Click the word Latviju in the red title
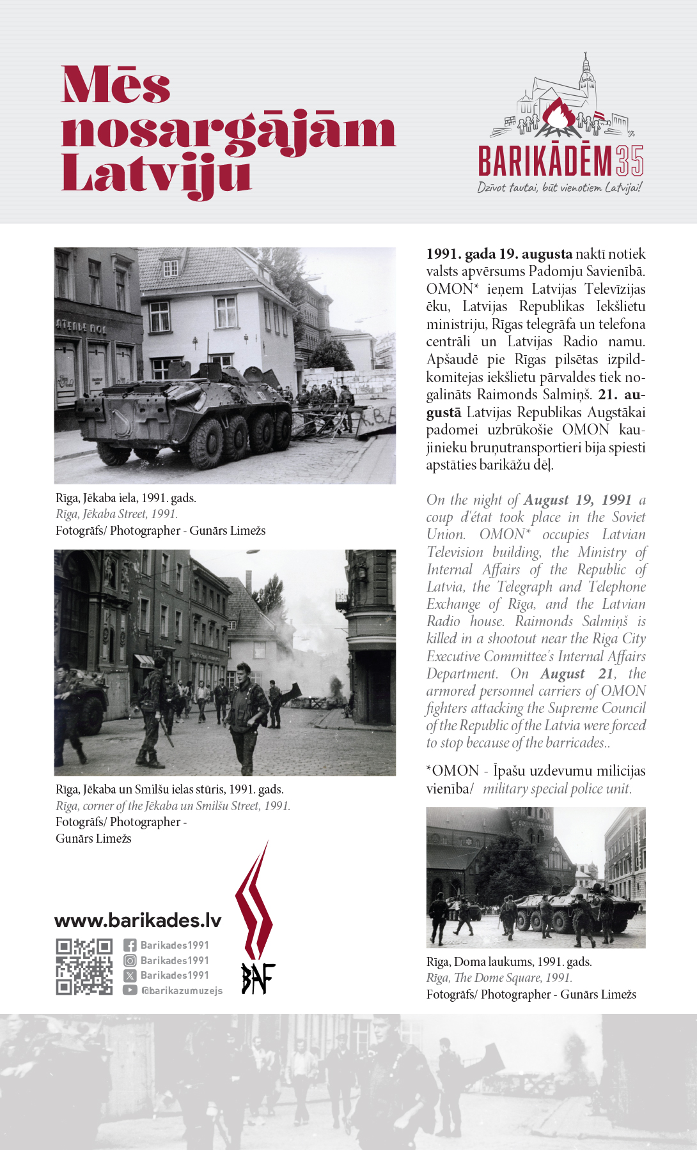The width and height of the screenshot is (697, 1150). (x=156, y=174)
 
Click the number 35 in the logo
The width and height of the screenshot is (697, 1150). (x=630, y=161)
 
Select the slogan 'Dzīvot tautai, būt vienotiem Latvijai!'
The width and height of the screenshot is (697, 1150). (x=560, y=188)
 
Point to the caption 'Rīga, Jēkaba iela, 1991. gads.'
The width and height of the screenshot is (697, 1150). (x=126, y=498)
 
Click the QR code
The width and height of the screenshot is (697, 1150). (x=84, y=967)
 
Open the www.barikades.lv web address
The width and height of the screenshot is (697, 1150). (x=138, y=921)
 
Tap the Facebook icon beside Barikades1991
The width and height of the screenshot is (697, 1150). (x=130, y=946)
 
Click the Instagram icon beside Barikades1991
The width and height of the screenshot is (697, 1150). (x=130, y=960)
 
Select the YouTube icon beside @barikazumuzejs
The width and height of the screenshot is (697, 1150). (x=130, y=990)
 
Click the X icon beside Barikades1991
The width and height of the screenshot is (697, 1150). (x=130, y=976)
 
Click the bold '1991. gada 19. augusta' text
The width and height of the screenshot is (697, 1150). (x=499, y=254)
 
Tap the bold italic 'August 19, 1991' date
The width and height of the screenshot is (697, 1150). (x=577, y=500)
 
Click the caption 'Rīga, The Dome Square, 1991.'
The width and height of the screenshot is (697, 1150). (x=499, y=978)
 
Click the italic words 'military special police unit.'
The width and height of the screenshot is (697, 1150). (x=557, y=789)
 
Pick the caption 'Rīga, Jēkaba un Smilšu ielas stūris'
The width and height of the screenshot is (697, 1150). (x=169, y=790)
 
